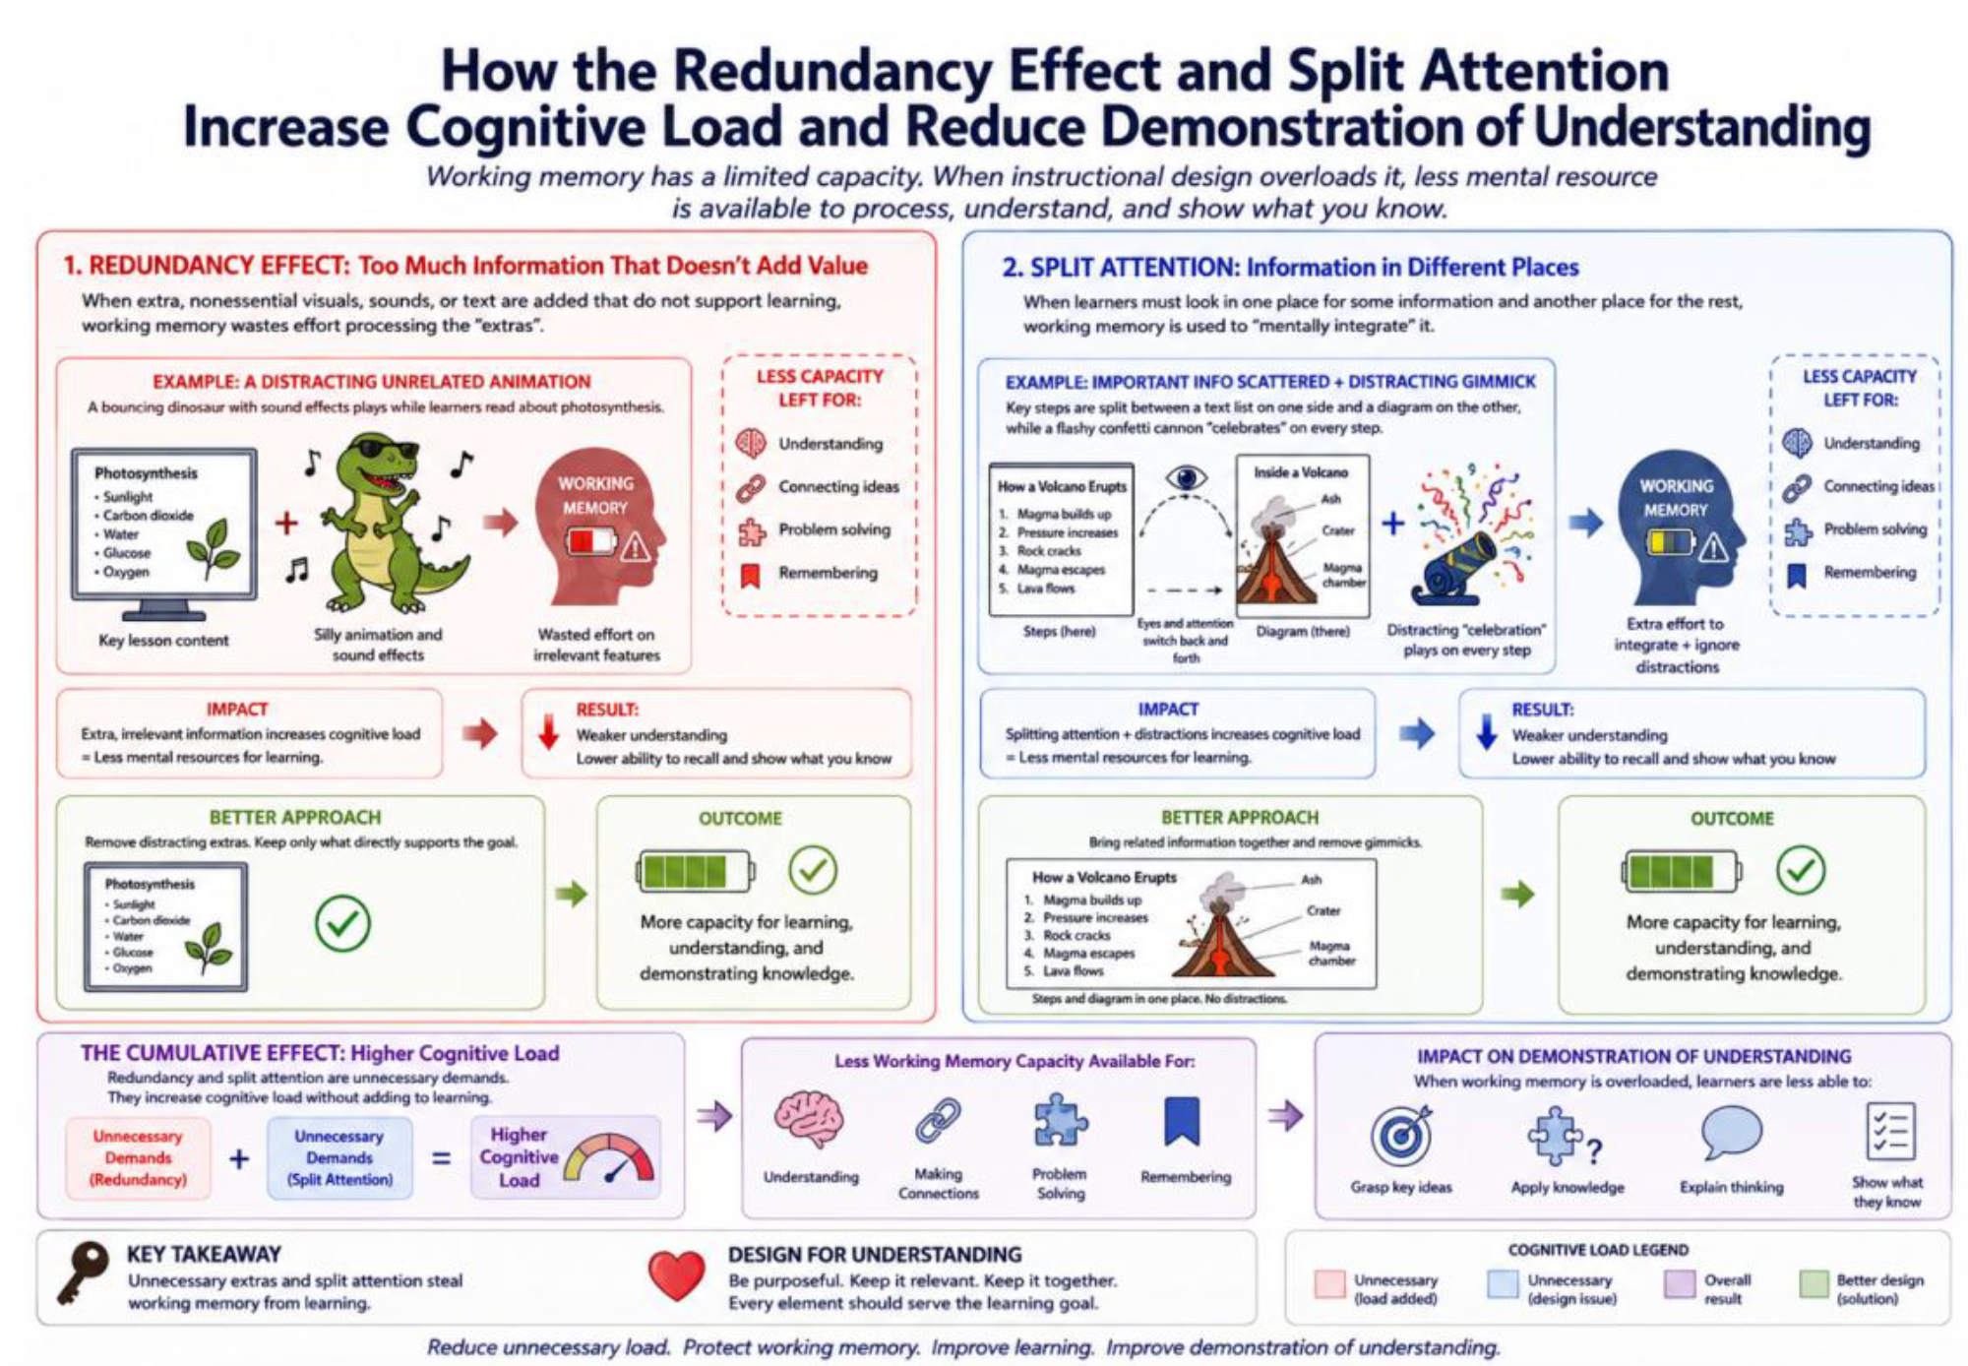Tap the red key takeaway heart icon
pyautogui.click(x=677, y=1275)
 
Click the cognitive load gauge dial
pyautogui.click(x=610, y=1158)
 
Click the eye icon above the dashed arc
pyautogui.click(x=1186, y=478)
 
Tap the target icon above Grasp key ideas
pyautogui.click(x=1401, y=1136)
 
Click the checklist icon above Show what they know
pyautogui.click(x=1890, y=1132)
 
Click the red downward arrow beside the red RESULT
pyautogui.click(x=548, y=732)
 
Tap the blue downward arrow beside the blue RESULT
pyautogui.click(x=1486, y=732)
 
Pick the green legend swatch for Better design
pyautogui.click(x=1814, y=1283)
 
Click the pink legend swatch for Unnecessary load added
pyautogui.click(x=1329, y=1283)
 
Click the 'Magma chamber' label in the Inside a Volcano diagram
pyautogui.click(x=1343, y=575)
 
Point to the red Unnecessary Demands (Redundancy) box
pyautogui.click(x=139, y=1158)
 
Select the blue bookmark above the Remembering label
pyautogui.click(x=1182, y=1122)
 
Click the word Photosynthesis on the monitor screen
pyautogui.click(x=146, y=473)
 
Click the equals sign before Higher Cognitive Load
pyautogui.click(x=442, y=1158)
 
